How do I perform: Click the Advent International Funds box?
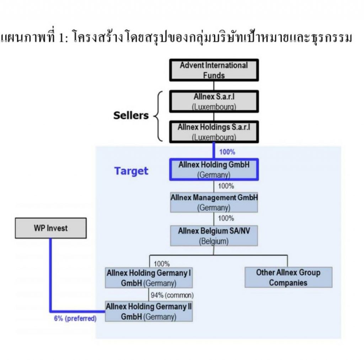(214, 70)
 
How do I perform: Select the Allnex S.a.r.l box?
(214, 101)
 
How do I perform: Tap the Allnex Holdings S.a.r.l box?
(214, 131)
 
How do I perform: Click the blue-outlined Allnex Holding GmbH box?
(214, 170)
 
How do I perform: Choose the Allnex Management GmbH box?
(214, 202)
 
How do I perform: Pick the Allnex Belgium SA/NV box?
(214, 235)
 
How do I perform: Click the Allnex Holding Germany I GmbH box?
(149, 278)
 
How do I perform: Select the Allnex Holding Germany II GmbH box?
(149, 311)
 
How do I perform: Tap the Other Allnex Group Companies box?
(288, 277)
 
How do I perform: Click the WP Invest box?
(50, 228)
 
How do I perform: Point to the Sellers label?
(131, 116)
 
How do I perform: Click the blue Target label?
(131, 171)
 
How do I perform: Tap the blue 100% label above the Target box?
(227, 152)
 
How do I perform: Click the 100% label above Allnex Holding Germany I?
(162, 264)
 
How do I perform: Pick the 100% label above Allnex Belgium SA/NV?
(226, 218)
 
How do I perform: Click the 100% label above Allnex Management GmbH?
(226, 186)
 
